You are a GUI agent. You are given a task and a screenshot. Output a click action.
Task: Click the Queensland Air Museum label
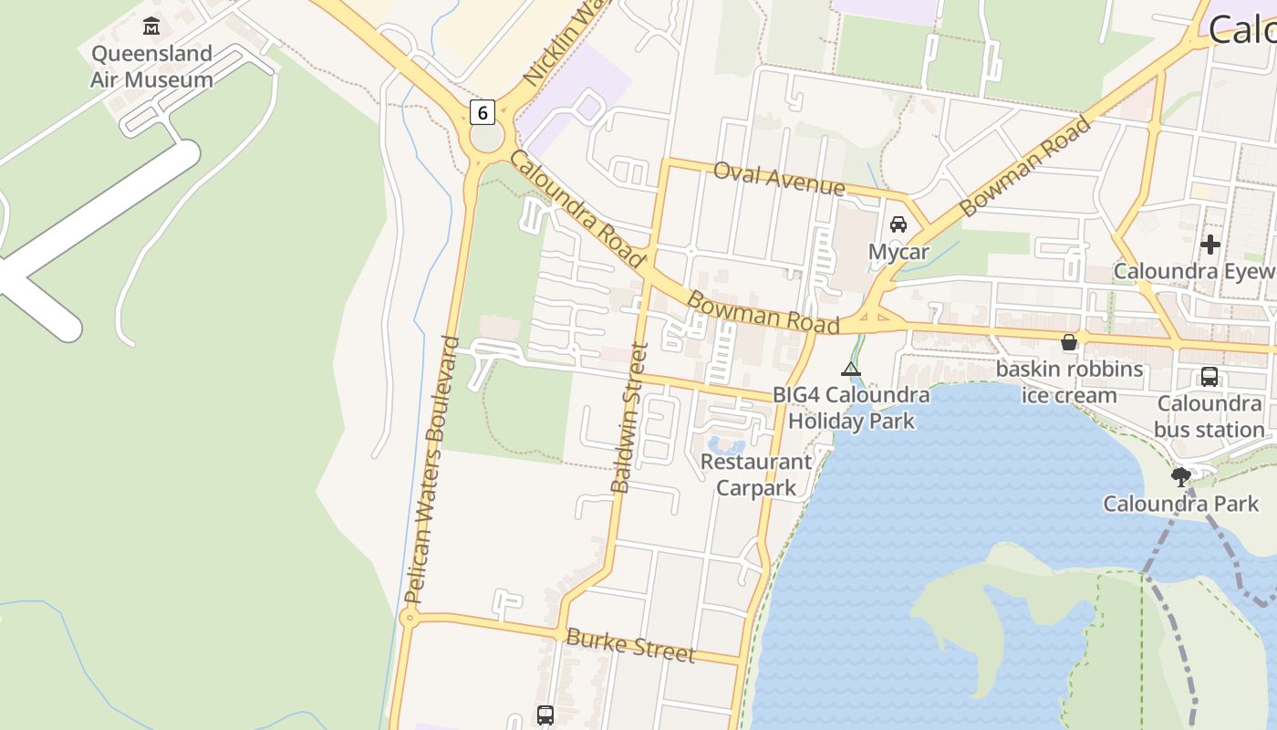(x=151, y=67)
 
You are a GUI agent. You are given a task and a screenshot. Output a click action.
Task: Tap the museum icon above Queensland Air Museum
(x=151, y=26)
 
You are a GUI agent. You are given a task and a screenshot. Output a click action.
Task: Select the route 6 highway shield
(x=483, y=112)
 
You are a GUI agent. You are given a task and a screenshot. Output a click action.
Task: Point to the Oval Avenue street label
(x=779, y=178)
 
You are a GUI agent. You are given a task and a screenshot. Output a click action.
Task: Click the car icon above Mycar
(x=898, y=224)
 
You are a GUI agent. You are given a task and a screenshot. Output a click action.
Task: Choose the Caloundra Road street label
(x=576, y=208)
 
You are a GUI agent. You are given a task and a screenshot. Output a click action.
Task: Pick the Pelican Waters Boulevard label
(x=432, y=470)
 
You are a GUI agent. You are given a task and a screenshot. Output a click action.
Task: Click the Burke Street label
(x=630, y=645)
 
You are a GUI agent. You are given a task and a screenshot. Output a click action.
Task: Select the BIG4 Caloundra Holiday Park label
(x=851, y=408)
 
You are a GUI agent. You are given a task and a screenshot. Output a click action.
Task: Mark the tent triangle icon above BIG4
(x=851, y=369)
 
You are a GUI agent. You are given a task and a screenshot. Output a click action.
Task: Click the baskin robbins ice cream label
(x=1069, y=382)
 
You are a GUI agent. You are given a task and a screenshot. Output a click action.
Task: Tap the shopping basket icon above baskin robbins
(x=1069, y=342)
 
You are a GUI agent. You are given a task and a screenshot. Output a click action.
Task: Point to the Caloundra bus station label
(x=1210, y=416)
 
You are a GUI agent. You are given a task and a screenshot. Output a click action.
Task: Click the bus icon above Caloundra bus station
(x=1210, y=376)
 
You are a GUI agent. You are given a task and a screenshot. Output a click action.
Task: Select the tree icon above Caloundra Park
(x=1181, y=475)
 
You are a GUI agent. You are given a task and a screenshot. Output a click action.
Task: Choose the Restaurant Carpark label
(x=756, y=474)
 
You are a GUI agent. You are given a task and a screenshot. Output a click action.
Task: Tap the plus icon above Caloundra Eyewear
(x=1210, y=245)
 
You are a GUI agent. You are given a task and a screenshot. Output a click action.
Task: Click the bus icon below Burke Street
(x=545, y=715)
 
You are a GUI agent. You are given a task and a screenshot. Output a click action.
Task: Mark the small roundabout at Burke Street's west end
(x=410, y=618)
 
